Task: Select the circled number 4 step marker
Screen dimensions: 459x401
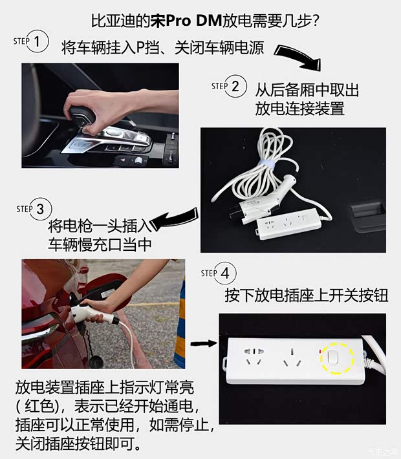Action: (224, 273)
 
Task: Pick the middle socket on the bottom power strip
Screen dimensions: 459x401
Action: (293, 358)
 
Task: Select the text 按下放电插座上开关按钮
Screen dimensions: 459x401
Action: (307, 296)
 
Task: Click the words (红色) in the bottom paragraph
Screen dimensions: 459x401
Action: (42, 411)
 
